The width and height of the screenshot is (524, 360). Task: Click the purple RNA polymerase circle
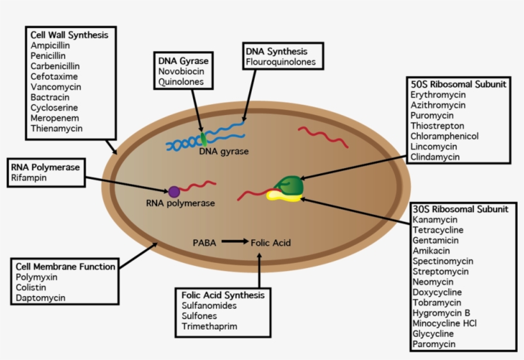174,191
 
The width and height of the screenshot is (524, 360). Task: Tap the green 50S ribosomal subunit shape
290,185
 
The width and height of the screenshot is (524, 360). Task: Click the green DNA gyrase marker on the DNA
204,138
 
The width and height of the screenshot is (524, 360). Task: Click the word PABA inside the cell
204,243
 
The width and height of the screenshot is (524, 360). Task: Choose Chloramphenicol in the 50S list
444,136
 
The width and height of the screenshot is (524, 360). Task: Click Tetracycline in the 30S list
438,230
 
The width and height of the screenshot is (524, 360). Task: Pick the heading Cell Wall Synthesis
69,35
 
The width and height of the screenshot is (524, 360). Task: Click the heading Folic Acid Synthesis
222,295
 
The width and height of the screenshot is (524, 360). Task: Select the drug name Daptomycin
41,297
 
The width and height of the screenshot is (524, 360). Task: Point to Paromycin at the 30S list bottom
434,344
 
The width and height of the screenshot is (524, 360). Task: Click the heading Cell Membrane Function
66,266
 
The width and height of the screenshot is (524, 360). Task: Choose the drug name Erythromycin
438,95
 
